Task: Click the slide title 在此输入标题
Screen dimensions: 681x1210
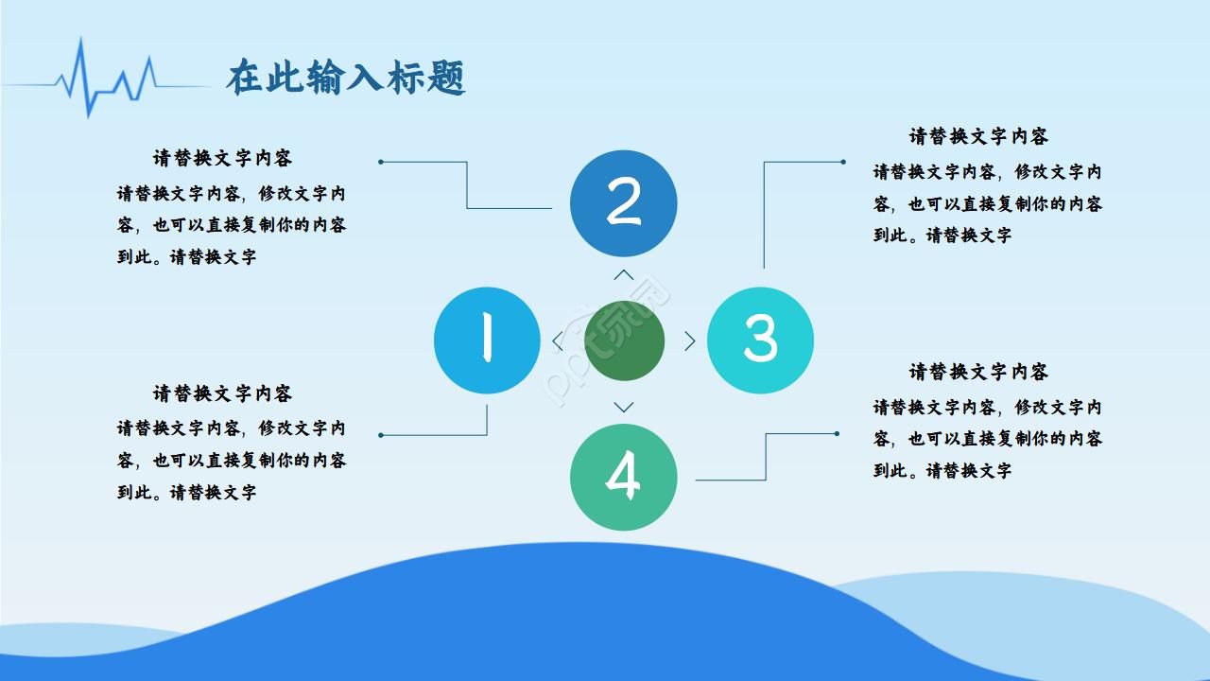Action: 346,79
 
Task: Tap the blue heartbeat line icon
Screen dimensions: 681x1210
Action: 104,79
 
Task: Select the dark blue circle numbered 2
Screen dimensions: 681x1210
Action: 623,203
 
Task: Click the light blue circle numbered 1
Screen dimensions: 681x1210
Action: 487,340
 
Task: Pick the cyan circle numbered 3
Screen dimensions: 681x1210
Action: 760,340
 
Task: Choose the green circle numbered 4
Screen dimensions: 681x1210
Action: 623,477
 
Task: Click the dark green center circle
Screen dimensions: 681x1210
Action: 624,340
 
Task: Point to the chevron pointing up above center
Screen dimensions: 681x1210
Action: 624,275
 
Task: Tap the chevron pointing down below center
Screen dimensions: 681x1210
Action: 624,408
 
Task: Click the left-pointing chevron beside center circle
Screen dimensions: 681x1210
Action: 558,341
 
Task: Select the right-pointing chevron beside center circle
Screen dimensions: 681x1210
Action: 690,341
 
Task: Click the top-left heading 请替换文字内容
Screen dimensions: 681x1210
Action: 222,158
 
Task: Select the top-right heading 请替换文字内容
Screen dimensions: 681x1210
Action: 978,136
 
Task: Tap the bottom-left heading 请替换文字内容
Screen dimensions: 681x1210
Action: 222,393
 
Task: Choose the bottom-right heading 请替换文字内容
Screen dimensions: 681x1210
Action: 978,372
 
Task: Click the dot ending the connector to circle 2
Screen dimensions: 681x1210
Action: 381,162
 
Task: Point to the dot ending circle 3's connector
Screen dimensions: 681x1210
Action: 842,162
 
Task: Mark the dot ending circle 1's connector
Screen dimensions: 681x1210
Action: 381,435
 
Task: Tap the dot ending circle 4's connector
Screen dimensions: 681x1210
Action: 837,434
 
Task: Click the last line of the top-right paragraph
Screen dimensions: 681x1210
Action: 942,236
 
